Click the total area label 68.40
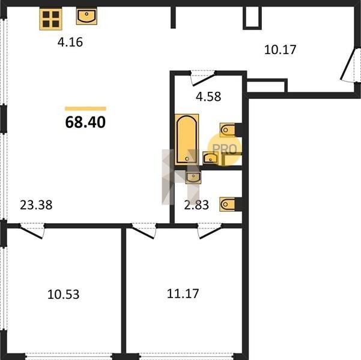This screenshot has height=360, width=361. click(85, 122)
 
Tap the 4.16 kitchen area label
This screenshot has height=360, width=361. click(70, 43)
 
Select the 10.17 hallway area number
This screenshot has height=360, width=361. click(280, 50)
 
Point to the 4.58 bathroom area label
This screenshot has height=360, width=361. click(208, 97)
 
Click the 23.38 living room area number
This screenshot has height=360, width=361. click(36, 205)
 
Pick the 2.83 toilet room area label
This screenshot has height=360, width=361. click(196, 205)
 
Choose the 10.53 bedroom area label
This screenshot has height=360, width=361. click(63, 294)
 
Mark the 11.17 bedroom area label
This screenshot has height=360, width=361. click(183, 294)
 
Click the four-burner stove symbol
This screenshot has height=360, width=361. click(50, 19)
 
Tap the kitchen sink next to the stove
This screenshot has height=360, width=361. click(86, 16)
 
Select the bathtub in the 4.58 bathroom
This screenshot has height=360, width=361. click(187, 139)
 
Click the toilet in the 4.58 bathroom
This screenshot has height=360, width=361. click(228, 130)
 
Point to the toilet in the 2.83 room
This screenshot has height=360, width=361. click(228, 204)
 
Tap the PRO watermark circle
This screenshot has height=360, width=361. click(225, 149)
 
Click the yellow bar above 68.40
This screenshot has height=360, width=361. click(85, 109)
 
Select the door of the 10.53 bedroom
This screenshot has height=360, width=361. click(32, 231)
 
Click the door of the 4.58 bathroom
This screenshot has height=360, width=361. click(203, 78)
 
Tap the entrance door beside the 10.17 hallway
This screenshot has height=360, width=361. click(350, 65)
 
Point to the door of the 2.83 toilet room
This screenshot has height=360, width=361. click(210, 231)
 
